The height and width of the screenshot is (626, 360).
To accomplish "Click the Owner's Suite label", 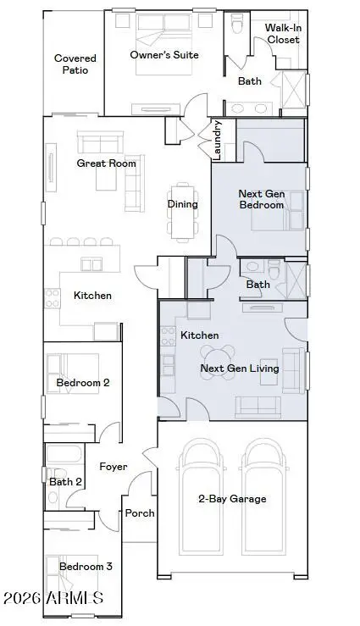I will click(163, 55).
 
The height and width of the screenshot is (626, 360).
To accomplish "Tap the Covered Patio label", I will click(75, 64).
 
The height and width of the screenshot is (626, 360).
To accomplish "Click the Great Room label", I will click(106, 163).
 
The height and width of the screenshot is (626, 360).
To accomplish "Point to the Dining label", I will click(182, 204).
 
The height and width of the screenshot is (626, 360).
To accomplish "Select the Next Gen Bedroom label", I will click(261, 199).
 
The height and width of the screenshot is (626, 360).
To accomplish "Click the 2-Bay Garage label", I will click(231, 499).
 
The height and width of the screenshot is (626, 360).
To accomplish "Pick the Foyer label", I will click(114, 467).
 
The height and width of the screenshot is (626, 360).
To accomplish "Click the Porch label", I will click(140, 513).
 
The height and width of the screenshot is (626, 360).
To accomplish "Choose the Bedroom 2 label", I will click(82, 383).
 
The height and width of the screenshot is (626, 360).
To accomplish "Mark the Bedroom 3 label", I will click(86, 566).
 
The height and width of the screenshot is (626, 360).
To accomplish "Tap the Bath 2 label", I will click(65, 482).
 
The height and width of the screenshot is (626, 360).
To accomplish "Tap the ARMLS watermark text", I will click(53, 598).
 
